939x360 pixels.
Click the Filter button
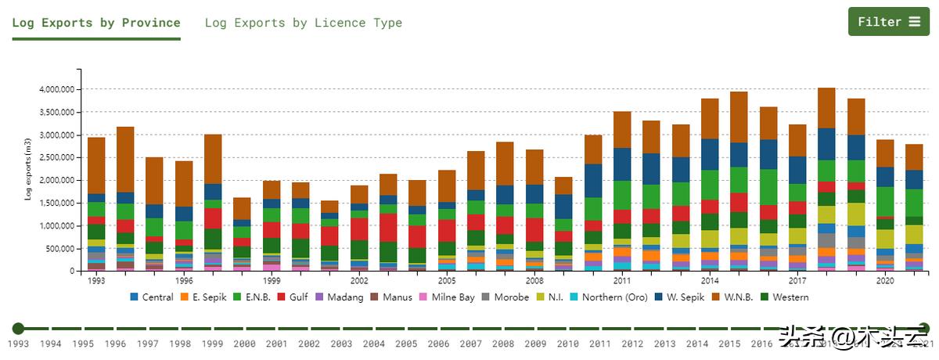[888, 22]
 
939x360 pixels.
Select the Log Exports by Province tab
[96, 23]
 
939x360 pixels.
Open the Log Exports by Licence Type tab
[303, 23]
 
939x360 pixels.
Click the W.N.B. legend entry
[738, 297]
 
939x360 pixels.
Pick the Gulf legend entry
[295, 297]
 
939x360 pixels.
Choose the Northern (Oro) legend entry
[613, 297]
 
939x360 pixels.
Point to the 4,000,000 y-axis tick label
[56, 89]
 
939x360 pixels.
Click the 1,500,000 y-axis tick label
[56, 203]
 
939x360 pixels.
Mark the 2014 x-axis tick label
[710, 280]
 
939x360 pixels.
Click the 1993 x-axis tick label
[96, 280]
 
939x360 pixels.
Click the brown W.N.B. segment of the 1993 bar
[96, 165]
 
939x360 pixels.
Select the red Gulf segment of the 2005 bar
[447, 230]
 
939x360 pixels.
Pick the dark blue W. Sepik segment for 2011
[622, 164]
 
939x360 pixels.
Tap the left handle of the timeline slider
[19, 329]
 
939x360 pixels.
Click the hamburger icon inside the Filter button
[914, 22]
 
